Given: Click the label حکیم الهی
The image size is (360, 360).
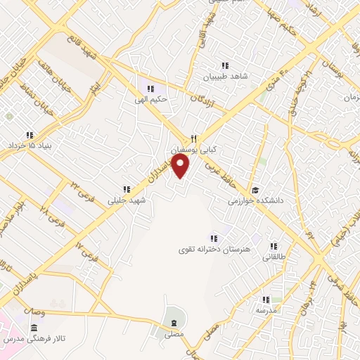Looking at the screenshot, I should pos(151,99).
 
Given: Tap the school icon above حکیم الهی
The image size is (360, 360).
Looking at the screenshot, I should pos(150,89).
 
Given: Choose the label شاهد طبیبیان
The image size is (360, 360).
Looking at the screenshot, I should pos(226,77).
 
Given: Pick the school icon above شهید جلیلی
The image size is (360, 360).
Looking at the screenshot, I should pos(127,189).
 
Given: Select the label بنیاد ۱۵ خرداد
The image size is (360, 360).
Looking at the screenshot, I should pos(30,146).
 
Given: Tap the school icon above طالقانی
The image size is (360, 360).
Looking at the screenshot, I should pos(274,246).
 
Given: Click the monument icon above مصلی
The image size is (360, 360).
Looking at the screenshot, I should pos(173,323).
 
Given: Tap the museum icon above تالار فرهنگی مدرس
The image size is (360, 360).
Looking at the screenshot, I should pos(34,328).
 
